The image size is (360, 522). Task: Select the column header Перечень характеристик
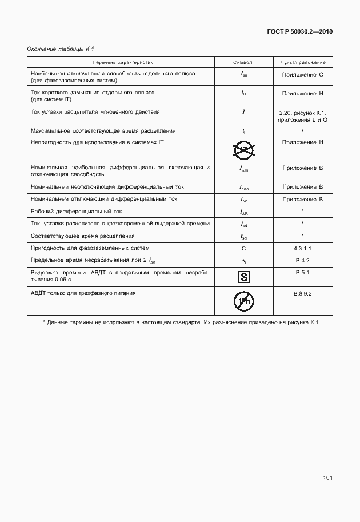coord(121,62)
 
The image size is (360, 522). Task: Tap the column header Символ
coord(243,62)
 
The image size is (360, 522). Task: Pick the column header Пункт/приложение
coord(302,62)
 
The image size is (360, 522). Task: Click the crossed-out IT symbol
coord(243,150)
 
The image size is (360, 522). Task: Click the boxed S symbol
coord(243,278)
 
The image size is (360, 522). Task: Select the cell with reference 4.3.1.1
coord(302,248)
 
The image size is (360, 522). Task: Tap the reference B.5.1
coord(302,273)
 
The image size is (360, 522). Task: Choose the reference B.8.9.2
coord(302,293)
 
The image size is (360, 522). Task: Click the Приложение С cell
coord(302,75)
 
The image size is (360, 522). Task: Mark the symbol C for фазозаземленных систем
coord(243,248)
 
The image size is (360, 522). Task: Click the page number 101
coord(326,477)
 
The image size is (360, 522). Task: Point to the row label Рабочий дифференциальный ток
coord(77,211)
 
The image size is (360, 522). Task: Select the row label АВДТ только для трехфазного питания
coord(83,293)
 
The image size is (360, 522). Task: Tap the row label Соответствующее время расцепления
coord(82,236)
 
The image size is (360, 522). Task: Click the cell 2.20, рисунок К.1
coord(302,113)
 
